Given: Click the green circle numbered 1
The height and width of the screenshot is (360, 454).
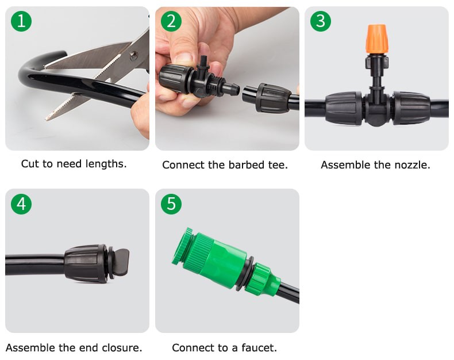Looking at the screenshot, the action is (21, 21).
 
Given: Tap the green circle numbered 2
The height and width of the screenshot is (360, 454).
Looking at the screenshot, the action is (171, 21).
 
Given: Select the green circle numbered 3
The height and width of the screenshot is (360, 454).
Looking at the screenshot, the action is (321, 21).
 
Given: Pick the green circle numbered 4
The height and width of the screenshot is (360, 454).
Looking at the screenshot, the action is (21, 204).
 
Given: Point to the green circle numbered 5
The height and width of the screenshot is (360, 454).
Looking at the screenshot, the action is (171, 204).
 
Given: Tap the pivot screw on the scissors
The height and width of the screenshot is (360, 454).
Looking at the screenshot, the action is (134, 55).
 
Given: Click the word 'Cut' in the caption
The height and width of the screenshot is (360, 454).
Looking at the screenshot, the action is (30, 164).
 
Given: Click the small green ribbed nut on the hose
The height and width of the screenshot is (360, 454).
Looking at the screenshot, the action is (261, 279).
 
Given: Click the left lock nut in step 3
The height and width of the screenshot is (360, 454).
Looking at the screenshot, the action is (344, 108).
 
